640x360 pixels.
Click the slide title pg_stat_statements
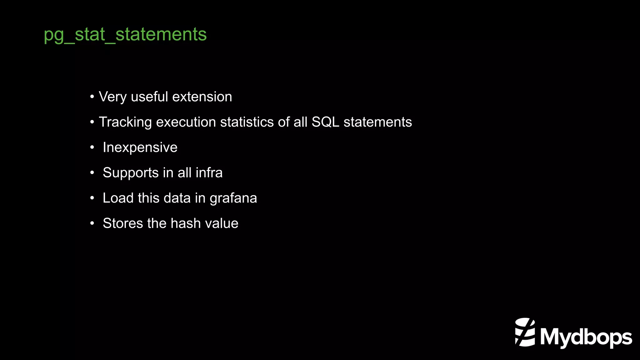coord(125,34)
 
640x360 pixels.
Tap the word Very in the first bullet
coord(112,97)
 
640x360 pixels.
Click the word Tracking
coord(125,122)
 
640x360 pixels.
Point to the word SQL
coord(325,122)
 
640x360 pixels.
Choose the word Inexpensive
coord(140,147)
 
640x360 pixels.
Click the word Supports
coord(131,173)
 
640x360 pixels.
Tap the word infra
coord(209,173)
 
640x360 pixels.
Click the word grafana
coord(233,198)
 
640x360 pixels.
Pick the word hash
coord(186,223)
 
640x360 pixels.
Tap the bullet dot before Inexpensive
coord(92,147)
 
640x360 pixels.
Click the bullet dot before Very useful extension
coord(92,97)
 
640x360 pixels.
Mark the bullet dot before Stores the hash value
coord(92,223)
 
